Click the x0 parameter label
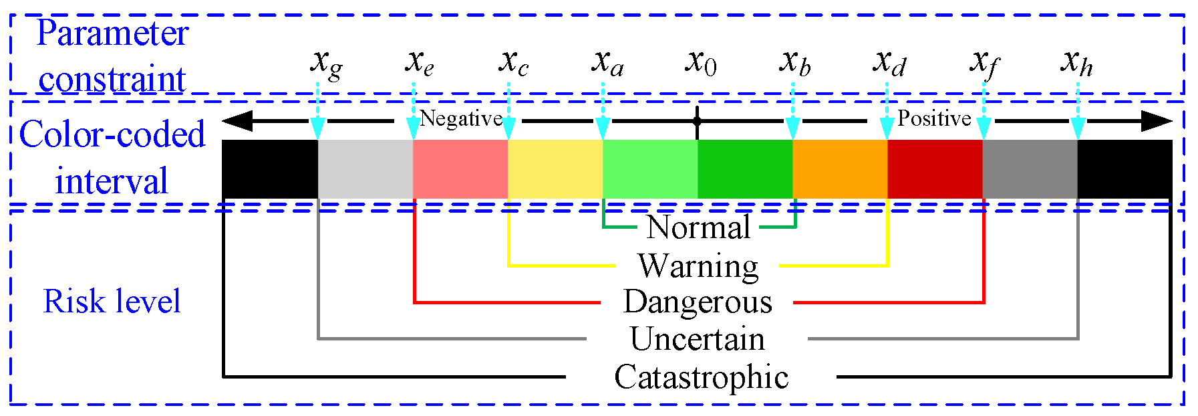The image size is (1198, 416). point(700,63)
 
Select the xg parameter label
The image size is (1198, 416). point(326,64)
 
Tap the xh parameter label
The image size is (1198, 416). point(1076,64)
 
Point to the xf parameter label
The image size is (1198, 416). point(984,64)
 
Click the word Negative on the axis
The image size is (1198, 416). point(461,118)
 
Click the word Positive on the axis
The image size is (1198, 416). point(933,118)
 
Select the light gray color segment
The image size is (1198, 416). point(365,169)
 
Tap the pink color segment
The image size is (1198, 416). point(460,169)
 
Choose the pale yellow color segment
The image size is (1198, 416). point(555,169)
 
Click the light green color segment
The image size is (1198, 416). point(649,169)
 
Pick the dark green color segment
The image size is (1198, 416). point(744,169)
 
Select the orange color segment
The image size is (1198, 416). point(839,169)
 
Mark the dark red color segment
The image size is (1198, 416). point(934,169)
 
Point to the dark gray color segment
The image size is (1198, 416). point(1029,169)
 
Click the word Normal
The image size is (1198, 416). point(698,227)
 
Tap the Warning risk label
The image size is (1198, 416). point(698,266)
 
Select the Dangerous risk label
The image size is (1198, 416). point(698,302)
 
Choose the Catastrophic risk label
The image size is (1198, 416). point(701,377)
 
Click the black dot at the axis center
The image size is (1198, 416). point(697,121)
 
